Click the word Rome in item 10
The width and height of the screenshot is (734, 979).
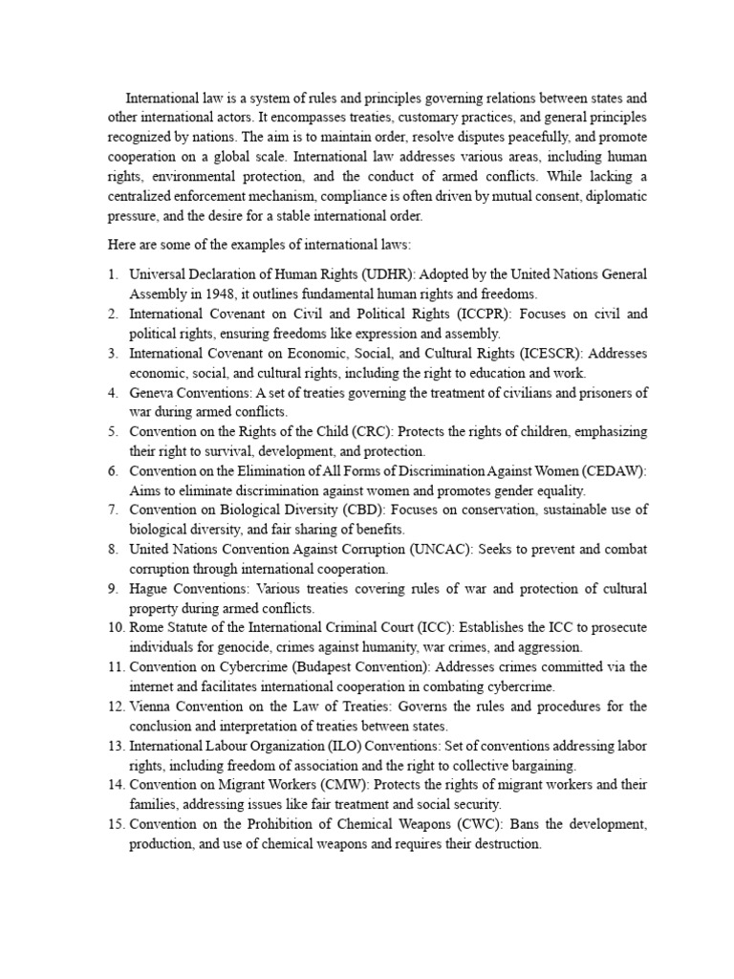(147, 628)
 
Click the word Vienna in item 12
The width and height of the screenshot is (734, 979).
(152, 707)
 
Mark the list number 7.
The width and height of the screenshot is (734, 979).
(113, 511)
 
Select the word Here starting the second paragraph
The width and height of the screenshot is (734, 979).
(121, 248)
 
